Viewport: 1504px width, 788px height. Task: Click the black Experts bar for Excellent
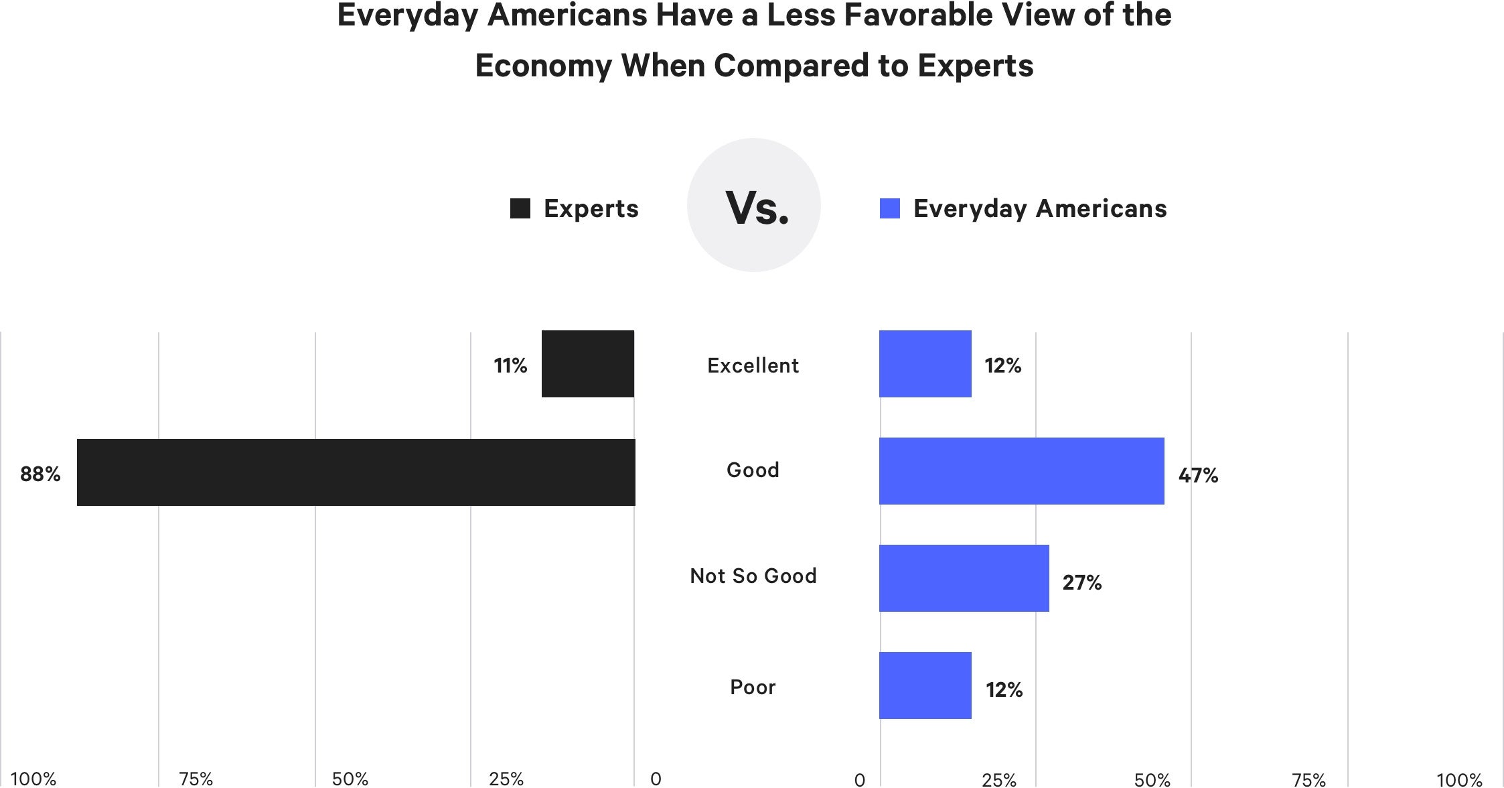(x=587, y=364)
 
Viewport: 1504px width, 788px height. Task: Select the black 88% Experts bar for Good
(x=356, y=472)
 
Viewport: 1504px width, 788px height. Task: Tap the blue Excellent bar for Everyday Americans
(x=925, y=364)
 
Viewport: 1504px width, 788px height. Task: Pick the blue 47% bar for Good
(x=1021, y=471)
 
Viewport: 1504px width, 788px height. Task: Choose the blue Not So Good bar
(x=964, y=578)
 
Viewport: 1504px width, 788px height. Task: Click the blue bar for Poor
(x=925, y=685)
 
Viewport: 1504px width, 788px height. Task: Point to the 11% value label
(x=510, y=366)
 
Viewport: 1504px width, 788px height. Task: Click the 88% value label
(x=40, y=474)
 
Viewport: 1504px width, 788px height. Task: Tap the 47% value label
(x=1198, y=476)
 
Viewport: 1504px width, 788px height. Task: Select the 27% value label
(x=1081, y=583)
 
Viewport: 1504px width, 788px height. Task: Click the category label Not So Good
(x=753, y=576)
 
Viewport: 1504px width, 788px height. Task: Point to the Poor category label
(x=753, y=687)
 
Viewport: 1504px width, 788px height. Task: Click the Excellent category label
(x=753, y=366)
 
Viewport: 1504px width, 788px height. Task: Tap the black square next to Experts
(x=520, y=208)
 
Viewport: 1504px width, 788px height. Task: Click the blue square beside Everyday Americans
(x=889, y=208)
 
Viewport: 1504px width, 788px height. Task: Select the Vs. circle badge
(x=754, y=205)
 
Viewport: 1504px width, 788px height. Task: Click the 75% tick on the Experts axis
(x=196, y=779)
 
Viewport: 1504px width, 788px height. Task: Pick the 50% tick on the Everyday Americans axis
(x=1152, y=779)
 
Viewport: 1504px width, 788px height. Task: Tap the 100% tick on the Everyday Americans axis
(x=1459, y=779)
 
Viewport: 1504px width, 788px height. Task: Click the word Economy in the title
(x=543, y=66)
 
